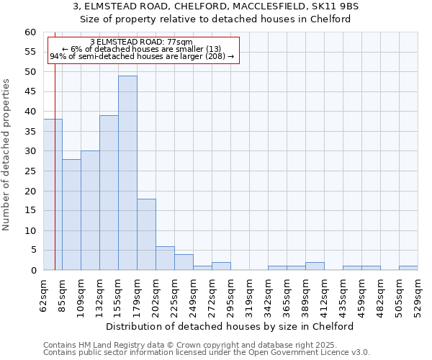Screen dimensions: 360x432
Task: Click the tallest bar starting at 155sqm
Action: pos(127,173)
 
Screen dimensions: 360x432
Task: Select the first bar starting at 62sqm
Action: pos(53,194)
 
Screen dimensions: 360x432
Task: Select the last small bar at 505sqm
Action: pos(408,268)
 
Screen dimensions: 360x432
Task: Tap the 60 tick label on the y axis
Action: pos(30,32)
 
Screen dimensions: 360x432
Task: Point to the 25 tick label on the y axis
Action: pos(30,171)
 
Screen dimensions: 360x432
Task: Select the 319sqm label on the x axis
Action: pos(249,295)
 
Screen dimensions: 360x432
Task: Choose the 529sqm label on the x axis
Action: pos(418,295)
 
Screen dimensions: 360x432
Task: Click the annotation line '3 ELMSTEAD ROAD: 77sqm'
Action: pos(141,42)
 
